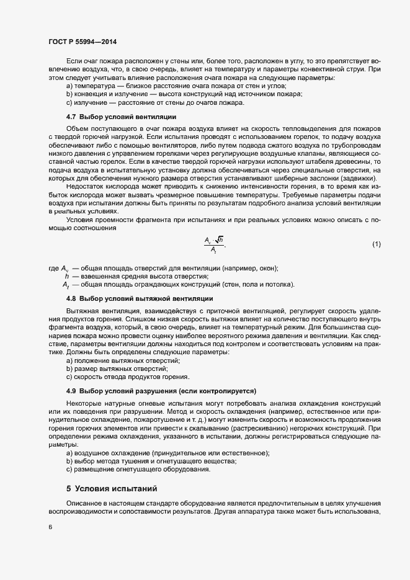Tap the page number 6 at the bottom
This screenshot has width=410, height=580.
click(50, 527)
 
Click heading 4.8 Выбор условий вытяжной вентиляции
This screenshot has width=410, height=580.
click(131, 299)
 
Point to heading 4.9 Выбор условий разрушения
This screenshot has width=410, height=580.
click(161, 391)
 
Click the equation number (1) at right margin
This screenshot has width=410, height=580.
click(376, 244)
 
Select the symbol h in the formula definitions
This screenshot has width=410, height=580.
click(66, 276)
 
